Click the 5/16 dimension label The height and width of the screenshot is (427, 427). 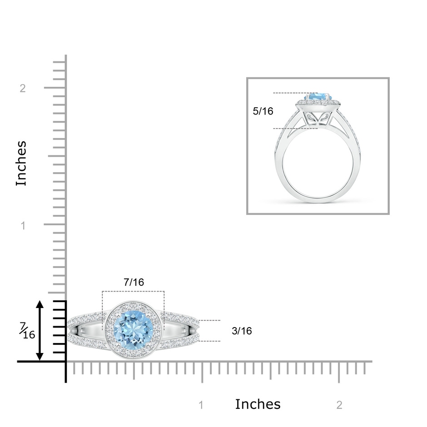[x=263, y=111]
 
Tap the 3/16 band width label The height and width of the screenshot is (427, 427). [x=242, y=331]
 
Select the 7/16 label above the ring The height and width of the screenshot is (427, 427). [x=134, y=282]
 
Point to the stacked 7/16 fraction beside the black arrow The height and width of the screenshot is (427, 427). [x=27, y=331]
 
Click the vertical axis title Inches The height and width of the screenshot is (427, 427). [x=21, y=164]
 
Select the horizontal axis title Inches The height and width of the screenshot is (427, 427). [x=258, y=404]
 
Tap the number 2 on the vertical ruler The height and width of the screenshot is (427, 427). [x=23, y=88]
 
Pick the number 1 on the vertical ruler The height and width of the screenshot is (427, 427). [x=23, y=225]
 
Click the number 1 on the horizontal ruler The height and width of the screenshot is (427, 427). [x=201, y=405]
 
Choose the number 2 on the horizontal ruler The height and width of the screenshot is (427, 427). [x=339, y=405]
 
